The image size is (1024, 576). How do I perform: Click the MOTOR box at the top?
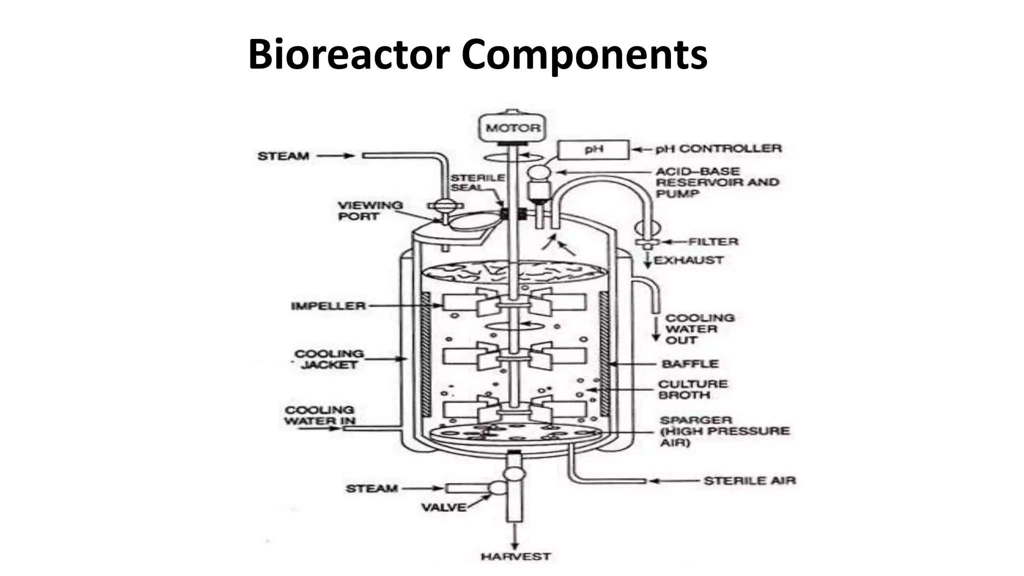click(513, 128)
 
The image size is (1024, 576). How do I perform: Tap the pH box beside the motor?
click(593, 149)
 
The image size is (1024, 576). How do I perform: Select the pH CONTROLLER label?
click(718, 148)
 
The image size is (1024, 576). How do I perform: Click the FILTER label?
click(713, 242)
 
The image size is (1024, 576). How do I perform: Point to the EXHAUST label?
click(688, 260)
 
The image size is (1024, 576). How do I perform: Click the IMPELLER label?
click(328, 305)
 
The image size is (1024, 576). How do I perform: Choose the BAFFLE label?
click(690, 363)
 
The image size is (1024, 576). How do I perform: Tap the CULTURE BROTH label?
click(692, 389)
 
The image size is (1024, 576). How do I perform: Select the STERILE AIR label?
click(749, 480)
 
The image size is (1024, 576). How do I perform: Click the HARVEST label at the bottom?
click(515, 556)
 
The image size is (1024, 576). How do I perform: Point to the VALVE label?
click(443, 507)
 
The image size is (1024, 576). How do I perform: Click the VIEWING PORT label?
click(370, 210)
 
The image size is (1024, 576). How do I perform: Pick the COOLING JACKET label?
click(329, 359)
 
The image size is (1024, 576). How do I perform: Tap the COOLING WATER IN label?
click(319, 415)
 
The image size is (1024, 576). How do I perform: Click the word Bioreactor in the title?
click(348, 54)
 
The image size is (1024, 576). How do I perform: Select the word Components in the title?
click(584, 54)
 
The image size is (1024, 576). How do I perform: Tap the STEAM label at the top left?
click(283, 156)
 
